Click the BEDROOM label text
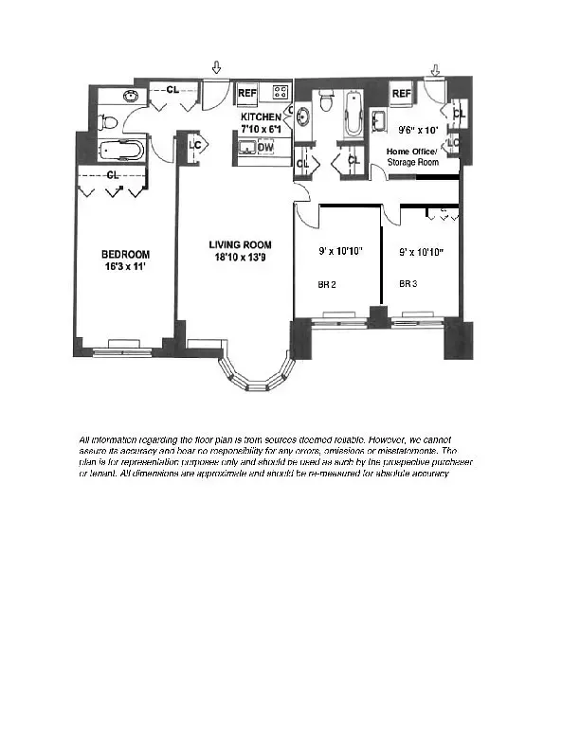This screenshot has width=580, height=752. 125,254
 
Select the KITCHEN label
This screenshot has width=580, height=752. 260,116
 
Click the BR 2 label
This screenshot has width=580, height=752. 327,283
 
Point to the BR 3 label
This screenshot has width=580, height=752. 408,283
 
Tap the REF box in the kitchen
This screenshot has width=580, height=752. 247,93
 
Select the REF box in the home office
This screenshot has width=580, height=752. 402,93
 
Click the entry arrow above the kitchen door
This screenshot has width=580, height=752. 217,67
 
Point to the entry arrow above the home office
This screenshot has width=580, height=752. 435,69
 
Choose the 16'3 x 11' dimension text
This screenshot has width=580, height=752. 125,267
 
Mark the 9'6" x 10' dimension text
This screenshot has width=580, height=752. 417,131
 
